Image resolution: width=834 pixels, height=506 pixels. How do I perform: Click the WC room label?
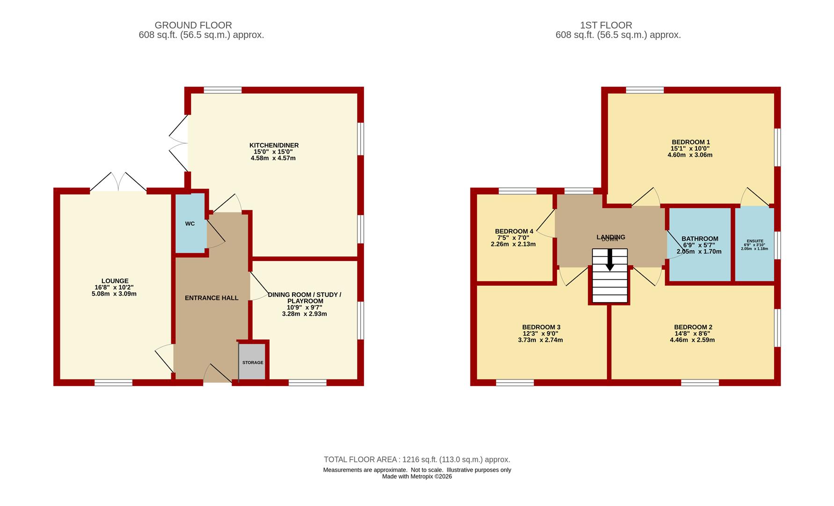(x=190, y=224)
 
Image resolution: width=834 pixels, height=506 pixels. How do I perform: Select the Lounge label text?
(x=115, y=281)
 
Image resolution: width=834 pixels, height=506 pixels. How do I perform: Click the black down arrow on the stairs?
(x=610, y=260)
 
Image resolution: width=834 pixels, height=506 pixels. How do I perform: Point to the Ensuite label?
(x=754, y=241)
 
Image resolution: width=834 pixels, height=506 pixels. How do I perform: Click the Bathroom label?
(x=700, y=239)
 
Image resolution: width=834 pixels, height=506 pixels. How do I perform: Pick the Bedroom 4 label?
(x=514, y=231)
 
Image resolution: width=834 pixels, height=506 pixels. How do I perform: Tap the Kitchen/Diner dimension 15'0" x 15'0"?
(x=274, y=152)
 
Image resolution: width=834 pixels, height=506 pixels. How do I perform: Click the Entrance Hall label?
(x=212, y=298)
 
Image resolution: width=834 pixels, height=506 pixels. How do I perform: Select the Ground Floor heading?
(x=193, y=25)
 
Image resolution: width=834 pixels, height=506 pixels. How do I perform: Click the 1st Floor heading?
(x=606, y=25)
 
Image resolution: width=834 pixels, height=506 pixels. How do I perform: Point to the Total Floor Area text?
(x=417, y=460)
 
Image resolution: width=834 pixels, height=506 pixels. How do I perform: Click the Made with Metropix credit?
(x=417, y=476)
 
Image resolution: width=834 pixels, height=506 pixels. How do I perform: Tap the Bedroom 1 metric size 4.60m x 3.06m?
(x=690, y=155)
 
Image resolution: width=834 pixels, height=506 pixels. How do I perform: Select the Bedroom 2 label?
(x=693, y=327)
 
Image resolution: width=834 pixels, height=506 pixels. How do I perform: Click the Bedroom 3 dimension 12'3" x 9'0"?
(x=541, y=334)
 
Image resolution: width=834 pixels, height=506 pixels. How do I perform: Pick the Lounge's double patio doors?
(x=118, y=182)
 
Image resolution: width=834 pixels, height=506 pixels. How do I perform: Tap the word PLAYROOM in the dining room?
(x=305, y=301)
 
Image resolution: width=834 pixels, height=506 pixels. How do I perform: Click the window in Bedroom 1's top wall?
(x=644, y=90)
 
